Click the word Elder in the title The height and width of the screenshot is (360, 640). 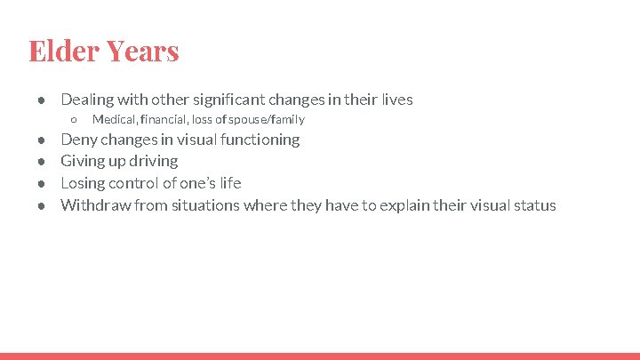tap(63, 51)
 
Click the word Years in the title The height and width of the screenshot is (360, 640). tap(142, 51)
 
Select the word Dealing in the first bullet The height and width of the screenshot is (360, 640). tap(87, 100)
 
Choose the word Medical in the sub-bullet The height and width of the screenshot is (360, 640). tap(114, 119)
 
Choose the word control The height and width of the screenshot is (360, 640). tap(134, 183)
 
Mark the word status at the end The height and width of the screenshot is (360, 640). tap(534, 205)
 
